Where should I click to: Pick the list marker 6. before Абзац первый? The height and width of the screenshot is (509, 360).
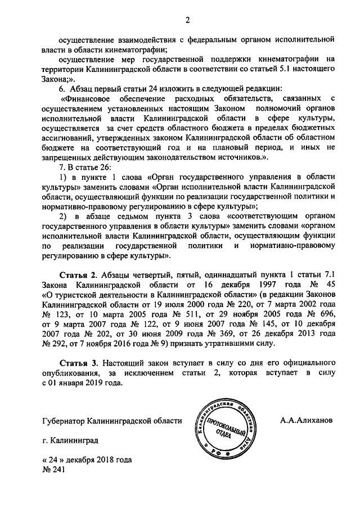click(62, 89)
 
